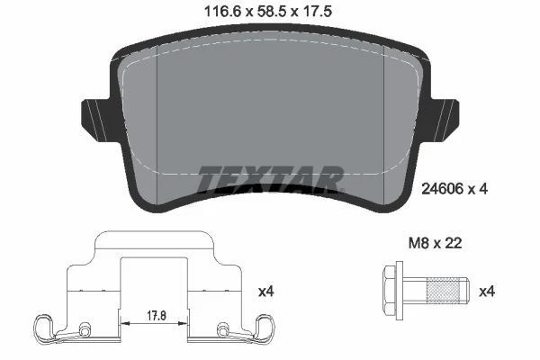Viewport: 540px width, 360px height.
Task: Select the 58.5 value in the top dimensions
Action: pos(268,13)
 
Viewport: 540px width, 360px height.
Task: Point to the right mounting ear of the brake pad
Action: pos(445,115)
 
